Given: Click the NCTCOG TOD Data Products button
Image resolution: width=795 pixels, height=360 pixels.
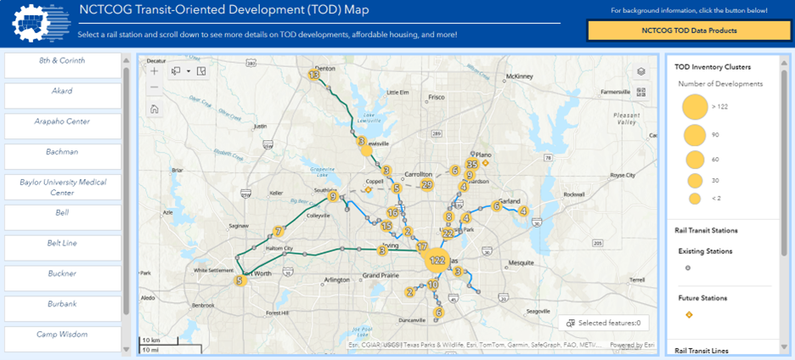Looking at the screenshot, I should click(688, 30).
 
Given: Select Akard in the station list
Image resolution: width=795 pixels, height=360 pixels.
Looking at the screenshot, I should click(64, 92).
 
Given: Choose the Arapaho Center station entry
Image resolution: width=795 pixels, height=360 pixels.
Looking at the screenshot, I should click(64, 122).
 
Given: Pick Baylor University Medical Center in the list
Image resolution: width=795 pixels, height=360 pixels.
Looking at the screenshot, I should click(64, 187).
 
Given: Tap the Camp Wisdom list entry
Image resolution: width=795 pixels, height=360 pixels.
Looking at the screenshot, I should click(64, 335).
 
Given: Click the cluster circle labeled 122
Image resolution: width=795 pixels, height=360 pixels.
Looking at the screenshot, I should click(437, 261).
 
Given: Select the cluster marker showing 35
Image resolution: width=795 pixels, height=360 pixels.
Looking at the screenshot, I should click(472, 165).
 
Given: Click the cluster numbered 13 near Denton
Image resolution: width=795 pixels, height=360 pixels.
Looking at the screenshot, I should click(314, 76).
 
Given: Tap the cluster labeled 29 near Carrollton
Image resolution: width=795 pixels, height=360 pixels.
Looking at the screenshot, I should click(427, 184).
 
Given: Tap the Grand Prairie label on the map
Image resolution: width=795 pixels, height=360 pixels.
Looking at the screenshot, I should click(381, 276).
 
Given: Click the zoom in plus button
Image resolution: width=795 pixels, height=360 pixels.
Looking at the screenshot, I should click(155, 71).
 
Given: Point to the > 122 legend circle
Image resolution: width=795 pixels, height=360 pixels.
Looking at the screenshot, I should click(695, 107).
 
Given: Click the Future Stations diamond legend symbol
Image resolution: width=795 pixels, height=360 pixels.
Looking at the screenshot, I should click(689, 315).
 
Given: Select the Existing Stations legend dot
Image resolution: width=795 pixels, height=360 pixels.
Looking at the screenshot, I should click(689, 267).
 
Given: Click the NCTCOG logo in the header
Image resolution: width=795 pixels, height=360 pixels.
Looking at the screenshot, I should click(38, 25).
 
